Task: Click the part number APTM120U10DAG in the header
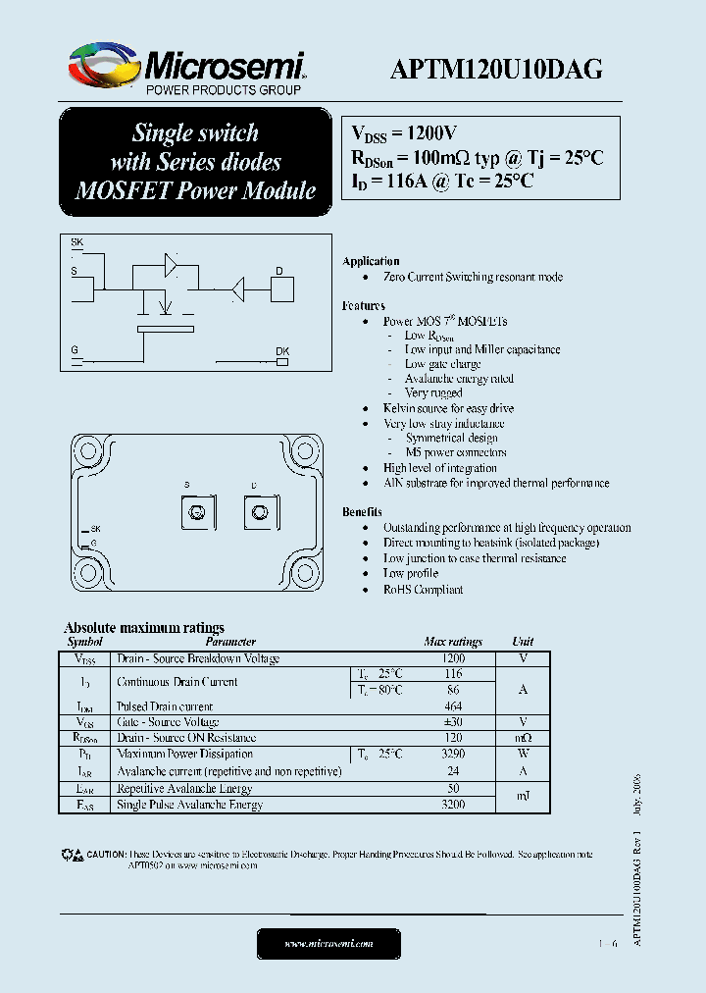click(496, 69)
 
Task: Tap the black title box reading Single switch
click(196, 162)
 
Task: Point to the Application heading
click(371, 262)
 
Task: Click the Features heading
click(364, 306)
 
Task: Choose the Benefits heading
click(362, 512)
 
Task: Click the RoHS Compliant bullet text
click(423, 590)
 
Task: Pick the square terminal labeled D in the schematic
click(282, 288)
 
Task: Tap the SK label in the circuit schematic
click(77, 241)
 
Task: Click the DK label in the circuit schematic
click(282, 351)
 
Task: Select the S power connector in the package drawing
click(196, 512)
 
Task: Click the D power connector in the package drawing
click(259, 512)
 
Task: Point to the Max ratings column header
click(453, 642)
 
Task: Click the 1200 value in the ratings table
click(453, 658)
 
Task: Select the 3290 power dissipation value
click(453, 754)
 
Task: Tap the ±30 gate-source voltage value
click(453, 722)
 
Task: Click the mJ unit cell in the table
click(523, 796)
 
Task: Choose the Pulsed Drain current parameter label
click(165, 706)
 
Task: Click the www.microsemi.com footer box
click(329, 943)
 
